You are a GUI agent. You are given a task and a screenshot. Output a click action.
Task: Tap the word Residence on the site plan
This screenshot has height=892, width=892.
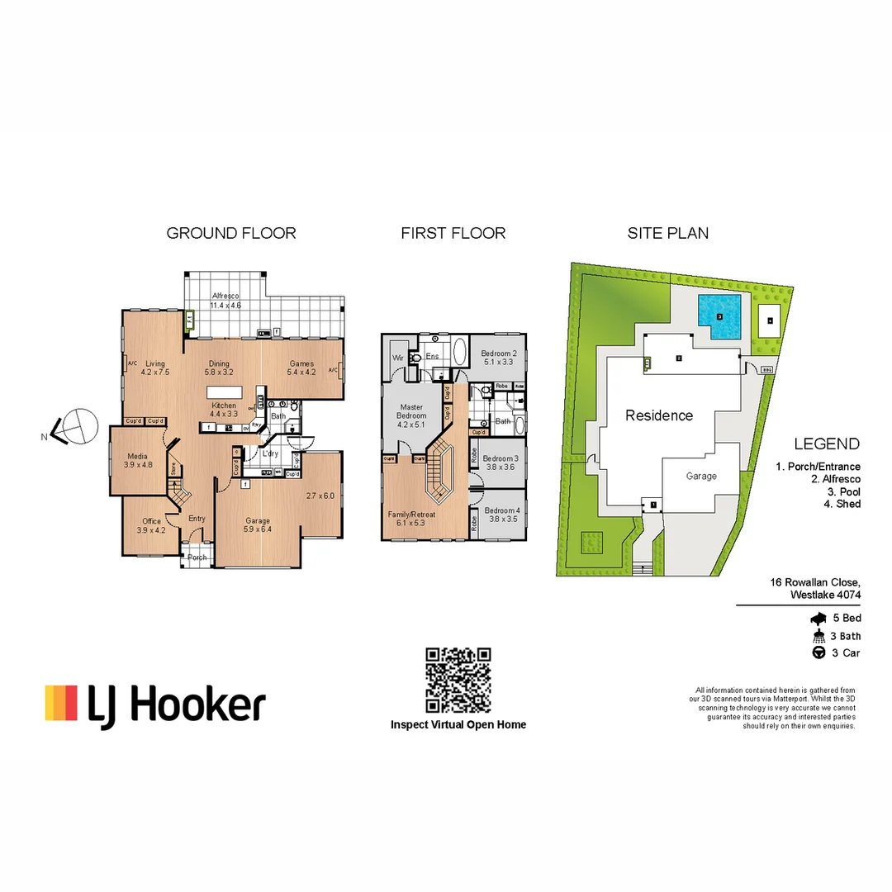[x=658, y=415]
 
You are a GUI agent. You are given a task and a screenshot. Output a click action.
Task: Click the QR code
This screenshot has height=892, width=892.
[x=458, y=681]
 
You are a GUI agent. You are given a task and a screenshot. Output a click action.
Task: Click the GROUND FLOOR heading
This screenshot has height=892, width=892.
[x=231, y=233]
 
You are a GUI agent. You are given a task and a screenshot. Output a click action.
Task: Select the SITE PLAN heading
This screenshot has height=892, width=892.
[x=667, y=233]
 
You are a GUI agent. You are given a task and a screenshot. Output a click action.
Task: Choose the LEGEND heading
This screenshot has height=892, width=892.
[x=827, y=444]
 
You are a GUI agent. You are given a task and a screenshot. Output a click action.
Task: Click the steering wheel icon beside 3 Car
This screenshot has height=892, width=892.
[x=819, y=653]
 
